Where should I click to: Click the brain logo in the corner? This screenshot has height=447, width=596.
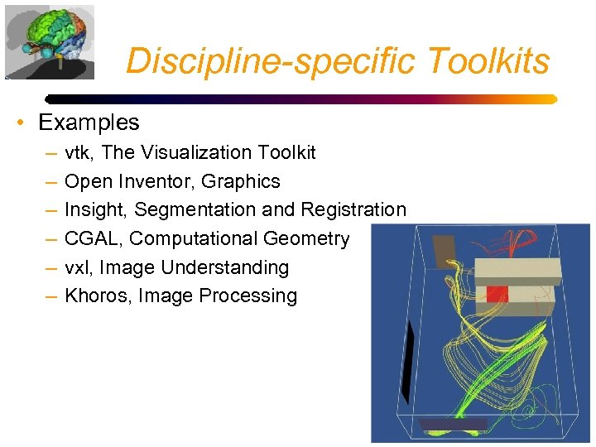tap(49, 41)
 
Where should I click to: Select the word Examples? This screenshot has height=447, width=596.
tap(89, 123)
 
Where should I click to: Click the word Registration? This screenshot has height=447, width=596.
tap(353, 210)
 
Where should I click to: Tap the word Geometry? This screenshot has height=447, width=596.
tap(306, 238)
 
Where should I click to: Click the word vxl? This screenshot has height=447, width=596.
tap(76, 267)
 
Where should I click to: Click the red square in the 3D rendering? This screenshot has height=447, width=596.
tap(496, 293)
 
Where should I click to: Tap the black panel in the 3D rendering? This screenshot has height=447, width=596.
tap(406, 361)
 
